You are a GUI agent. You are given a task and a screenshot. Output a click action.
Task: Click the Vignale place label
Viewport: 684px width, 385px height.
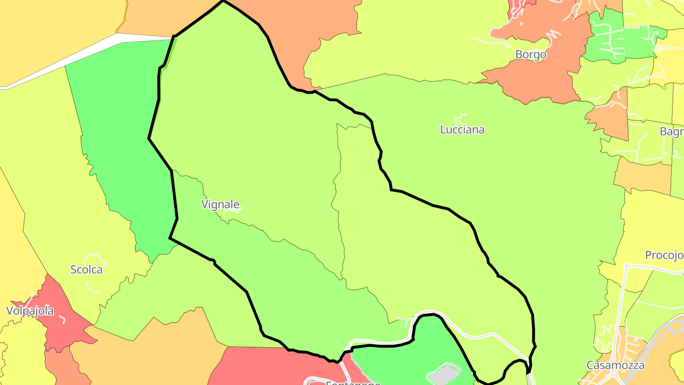click(220, 205)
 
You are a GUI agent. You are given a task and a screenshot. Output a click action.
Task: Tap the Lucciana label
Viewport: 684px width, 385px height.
click(462, 130)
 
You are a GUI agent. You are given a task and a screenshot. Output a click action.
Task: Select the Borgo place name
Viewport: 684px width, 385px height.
click(531, 55)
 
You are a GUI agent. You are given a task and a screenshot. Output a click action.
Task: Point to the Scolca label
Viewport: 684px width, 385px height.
click(86, 269)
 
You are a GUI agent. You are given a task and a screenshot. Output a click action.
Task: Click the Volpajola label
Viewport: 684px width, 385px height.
click(30, 311)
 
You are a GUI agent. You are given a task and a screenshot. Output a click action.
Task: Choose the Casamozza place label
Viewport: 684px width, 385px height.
click(615, 365)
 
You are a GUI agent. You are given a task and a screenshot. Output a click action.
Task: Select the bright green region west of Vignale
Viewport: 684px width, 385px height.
click(119, 143)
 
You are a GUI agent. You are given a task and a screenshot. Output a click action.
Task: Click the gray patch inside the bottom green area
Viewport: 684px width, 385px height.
click(445, 374)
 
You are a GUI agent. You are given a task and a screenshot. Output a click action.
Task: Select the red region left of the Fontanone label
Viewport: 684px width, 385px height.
click(256, 366)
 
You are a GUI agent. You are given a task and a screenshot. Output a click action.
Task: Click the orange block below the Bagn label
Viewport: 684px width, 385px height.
click(641, 176)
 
